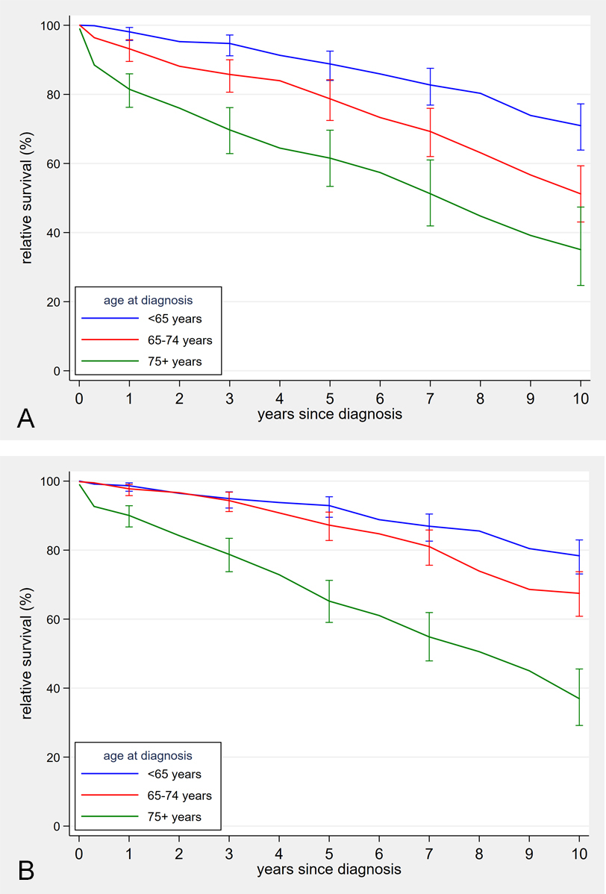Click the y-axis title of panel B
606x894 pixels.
27,653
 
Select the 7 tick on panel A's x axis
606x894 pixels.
430,396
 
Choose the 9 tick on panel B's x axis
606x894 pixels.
530,851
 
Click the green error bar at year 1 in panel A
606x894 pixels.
129,90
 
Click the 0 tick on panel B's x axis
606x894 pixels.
79,851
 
